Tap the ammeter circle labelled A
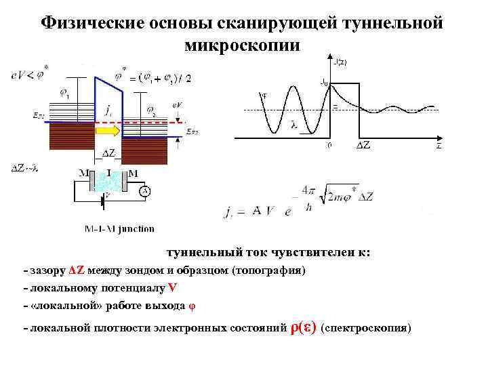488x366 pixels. coord(145,191)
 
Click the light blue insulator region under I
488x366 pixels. coord(108,184)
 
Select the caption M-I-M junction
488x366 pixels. coord(119,229)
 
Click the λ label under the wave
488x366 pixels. coord(293,124)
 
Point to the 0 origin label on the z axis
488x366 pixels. coord(329,144)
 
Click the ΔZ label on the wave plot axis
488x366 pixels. coord(363,145)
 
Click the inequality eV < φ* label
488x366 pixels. coord(29,73)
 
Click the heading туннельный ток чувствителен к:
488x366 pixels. coord(269,253)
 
